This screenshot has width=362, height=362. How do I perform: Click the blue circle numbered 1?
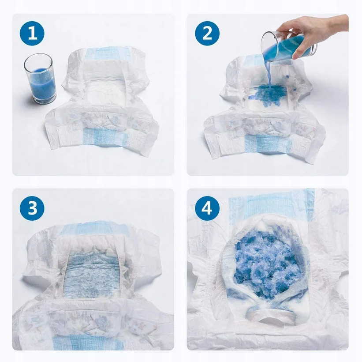click(32, 33)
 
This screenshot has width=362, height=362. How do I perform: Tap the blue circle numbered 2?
click(207, 33)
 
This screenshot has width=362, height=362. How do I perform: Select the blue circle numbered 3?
click(32, 207)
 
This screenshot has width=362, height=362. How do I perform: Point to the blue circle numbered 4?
click(207, 207)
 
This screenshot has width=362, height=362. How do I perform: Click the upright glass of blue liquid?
click(41, 79)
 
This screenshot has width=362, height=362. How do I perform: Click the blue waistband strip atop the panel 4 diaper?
click(271, 203)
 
